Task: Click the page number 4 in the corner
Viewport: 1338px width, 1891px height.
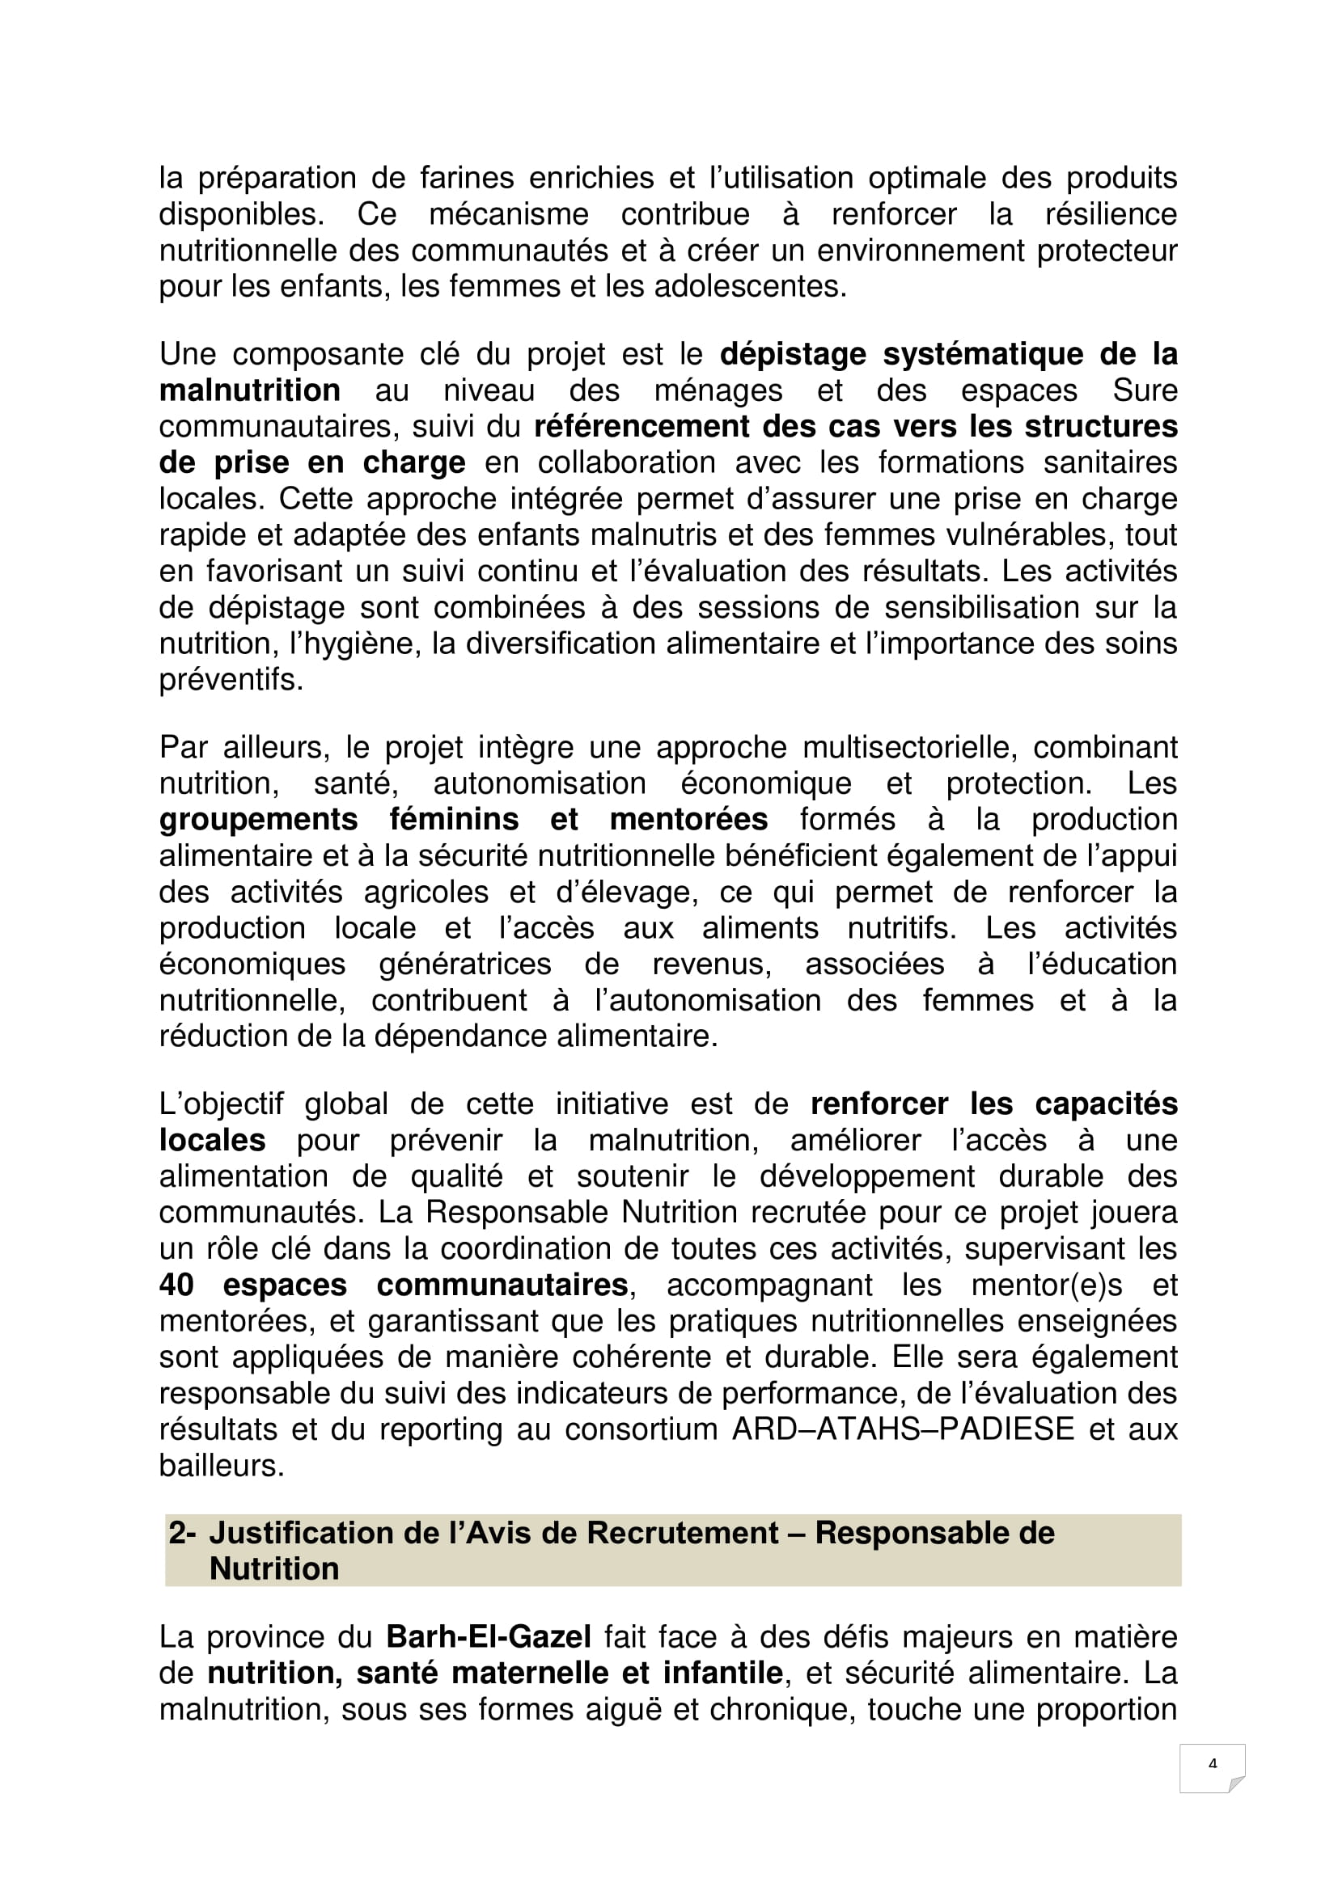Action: tap(1212, 1763)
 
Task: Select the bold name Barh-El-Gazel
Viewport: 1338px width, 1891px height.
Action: tap(489, 1636)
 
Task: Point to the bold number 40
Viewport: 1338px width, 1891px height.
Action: tap(176, 1285)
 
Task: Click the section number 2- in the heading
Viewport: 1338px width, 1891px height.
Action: tap(182, 1533)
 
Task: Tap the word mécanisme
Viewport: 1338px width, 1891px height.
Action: tap(508, 214)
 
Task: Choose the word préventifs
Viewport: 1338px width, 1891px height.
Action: tap(231, 680)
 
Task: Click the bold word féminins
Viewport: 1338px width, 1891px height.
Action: tap(454, 820)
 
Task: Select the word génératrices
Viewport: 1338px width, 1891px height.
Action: tap(464, 964)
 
